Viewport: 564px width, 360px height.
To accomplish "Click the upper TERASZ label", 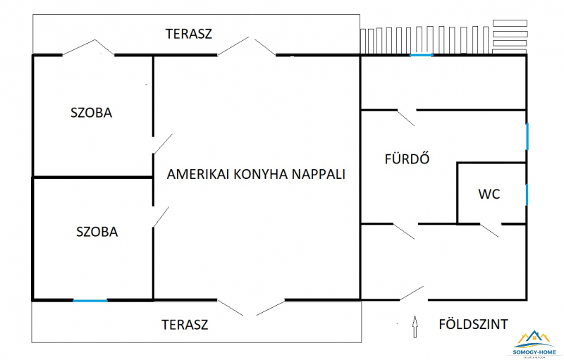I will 188,33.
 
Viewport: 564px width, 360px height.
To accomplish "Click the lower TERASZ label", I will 185,325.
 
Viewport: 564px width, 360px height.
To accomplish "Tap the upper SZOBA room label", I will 91,112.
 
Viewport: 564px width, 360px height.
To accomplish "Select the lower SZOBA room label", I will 97,231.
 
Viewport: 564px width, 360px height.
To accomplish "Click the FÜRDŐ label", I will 407,159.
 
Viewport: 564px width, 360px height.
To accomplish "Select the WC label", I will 489,194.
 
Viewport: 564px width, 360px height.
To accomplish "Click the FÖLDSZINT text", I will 473,325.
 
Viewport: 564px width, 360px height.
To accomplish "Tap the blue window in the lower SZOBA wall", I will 90,301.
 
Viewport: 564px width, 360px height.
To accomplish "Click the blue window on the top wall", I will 422,55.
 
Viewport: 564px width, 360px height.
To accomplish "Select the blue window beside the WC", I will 527,193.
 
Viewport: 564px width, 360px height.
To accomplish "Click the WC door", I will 489,228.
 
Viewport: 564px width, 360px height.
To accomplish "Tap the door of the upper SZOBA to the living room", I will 162,144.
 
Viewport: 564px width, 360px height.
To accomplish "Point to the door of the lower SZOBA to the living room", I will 161,216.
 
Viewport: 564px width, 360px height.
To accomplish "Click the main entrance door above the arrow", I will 412,293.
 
